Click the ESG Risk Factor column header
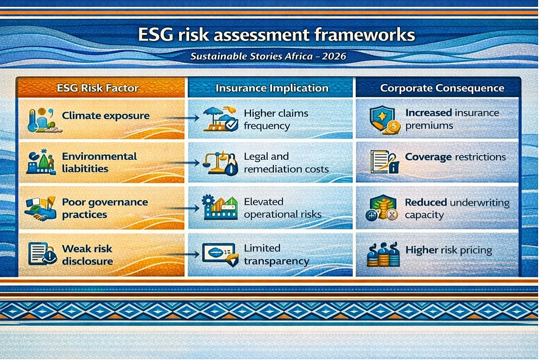click(98, 88)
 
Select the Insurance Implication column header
click(272, 88)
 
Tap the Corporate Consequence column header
click(442, 88)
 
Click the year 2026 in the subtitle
click(334, 56)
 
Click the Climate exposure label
click(106, 116)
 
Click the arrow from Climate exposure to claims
click(182, 118)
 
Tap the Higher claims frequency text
click(276, 120)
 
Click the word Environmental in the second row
click(99, 156)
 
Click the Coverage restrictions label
click(455, 157)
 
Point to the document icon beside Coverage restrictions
click(380, 161)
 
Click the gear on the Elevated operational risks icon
click(208, 201)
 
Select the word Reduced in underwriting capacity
click(426, 202)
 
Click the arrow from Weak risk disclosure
click(182, 254)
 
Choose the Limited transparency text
click(277, 255)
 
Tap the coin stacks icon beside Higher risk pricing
click(383, 255)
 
